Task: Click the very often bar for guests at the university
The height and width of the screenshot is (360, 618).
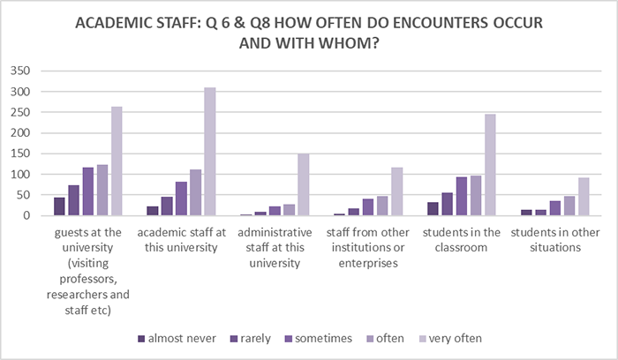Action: click(117, 161)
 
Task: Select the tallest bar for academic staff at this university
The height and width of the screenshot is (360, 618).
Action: click(209, 152)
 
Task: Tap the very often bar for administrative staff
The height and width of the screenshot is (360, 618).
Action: click(303, 184)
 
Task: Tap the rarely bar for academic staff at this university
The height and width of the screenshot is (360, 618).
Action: click(167, 206)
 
